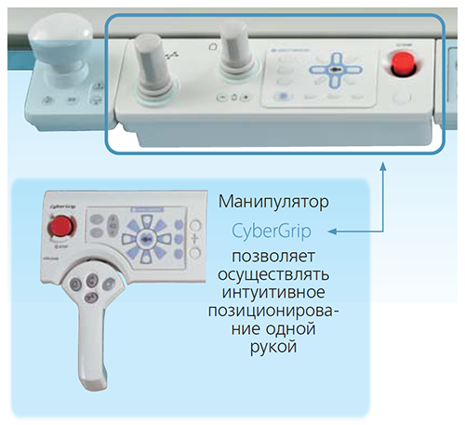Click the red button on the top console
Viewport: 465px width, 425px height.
point(403,66)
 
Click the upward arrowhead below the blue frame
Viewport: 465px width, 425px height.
point(383,166)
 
